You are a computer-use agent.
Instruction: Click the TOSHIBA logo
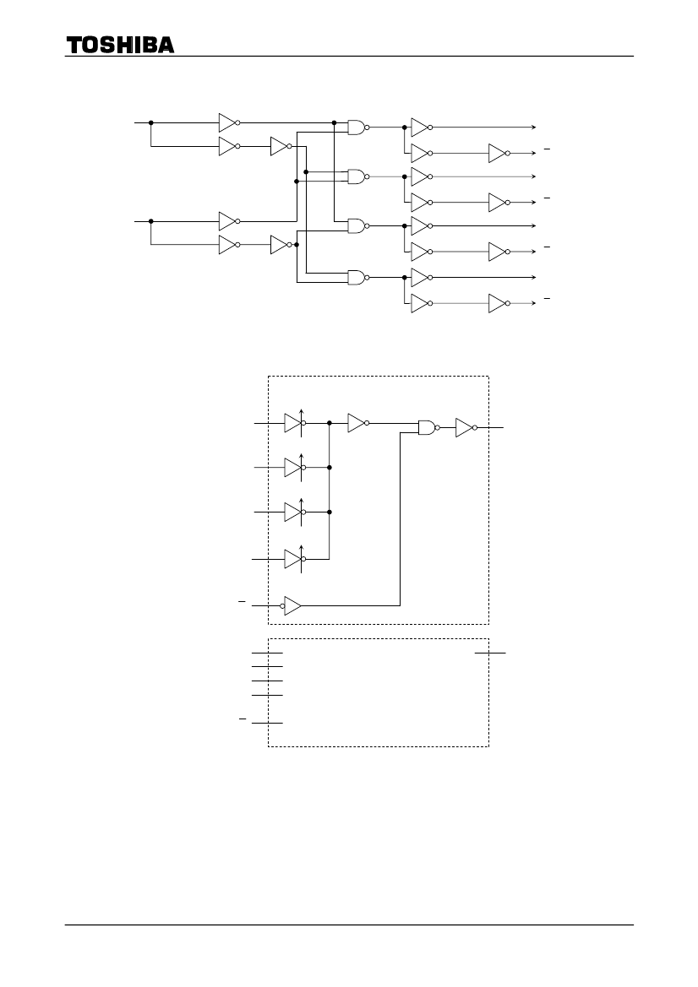[120, 45]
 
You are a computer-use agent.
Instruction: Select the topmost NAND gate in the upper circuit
[358, 127]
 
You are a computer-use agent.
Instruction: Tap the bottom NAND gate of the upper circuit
[358, 277]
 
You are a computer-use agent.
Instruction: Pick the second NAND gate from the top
[358, 176]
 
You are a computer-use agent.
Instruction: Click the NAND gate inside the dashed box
[429, 427]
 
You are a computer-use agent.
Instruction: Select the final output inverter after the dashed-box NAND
[466, 427]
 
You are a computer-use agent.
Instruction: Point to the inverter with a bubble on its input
[291, 605]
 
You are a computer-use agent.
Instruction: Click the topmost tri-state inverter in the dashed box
[295, 423]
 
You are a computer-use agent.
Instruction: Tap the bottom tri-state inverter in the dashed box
[295, 559]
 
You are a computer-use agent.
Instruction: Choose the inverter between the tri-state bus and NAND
[358, 423]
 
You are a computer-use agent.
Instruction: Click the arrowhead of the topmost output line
[533, 127]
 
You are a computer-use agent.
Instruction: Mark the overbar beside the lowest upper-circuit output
[547, 298]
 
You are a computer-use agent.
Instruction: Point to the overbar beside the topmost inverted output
[547, 149]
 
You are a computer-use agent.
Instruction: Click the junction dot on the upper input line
[150, 122]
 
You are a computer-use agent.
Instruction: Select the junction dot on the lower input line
[150, 221]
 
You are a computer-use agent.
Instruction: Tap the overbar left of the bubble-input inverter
[242, 602]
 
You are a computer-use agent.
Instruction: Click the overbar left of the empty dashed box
[243, 719]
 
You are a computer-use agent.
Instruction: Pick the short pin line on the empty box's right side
[490, 653]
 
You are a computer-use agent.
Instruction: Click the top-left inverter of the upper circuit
[229, 122]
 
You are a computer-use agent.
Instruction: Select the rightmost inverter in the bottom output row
[499, 303]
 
